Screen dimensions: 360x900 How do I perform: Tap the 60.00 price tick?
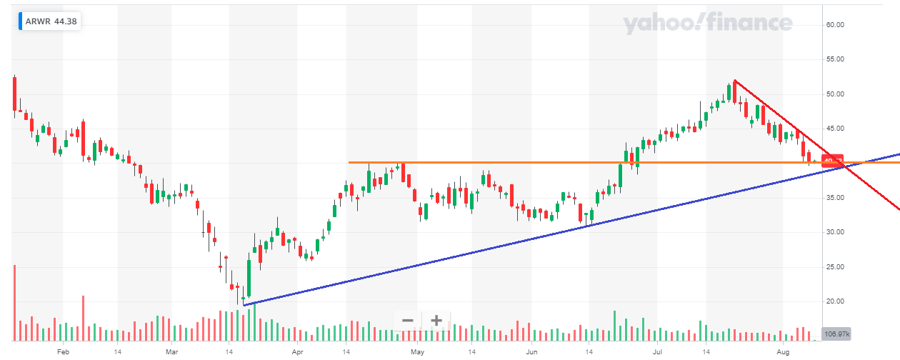[x=835, y=25]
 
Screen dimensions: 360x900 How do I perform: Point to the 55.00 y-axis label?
[x=835, y=59]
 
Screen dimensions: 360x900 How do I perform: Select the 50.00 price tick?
[x=835, y=94]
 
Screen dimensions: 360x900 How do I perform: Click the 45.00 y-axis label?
[x=835, y=129]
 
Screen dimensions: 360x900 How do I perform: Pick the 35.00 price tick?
[x=835, y=198]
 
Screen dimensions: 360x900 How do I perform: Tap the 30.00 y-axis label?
[x=835, y=232]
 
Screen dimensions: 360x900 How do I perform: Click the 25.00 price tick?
[x=835, y=267]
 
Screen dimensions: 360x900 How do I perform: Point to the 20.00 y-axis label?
[x=835, y=301]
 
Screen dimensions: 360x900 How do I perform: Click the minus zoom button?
[x=408, y=320]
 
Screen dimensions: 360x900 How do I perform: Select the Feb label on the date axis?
[x=63, y=352]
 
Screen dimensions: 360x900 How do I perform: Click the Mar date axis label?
[x=171, y=352]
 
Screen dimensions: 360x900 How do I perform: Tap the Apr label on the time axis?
[x=297, y=352]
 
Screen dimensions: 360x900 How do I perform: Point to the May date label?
[x=418, y=352]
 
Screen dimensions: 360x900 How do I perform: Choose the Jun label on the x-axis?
[x=531, y=352]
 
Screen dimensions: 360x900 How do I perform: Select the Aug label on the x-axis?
[x=783, y=352]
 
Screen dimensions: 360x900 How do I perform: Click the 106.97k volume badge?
[x=836, y=334]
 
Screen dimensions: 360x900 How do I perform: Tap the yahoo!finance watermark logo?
[x=707, y=24]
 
